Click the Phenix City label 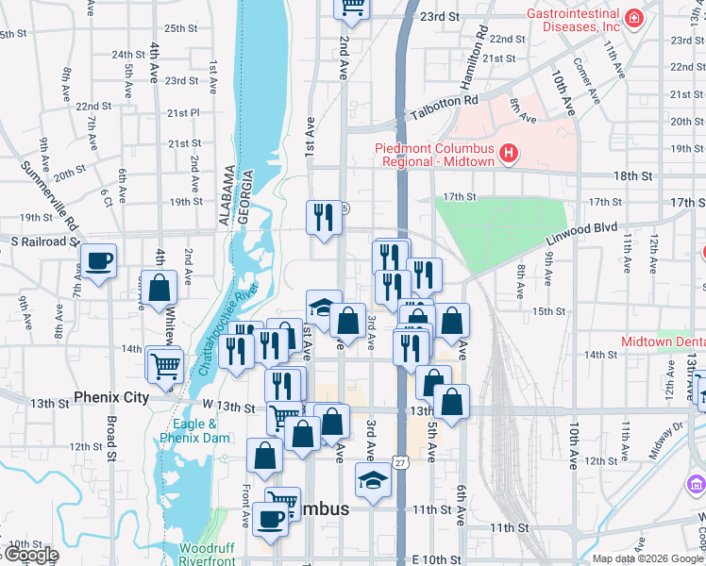[x=111, y=397]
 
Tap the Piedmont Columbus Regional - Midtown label [x=435, y=155]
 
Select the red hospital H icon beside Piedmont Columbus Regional [x=509, y=153]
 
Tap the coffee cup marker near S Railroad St [x=97, y=261]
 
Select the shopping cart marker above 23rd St [x=352, y=8]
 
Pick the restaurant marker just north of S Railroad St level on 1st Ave [x=323, y=218]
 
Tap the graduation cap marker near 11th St [x=373, y=480]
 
